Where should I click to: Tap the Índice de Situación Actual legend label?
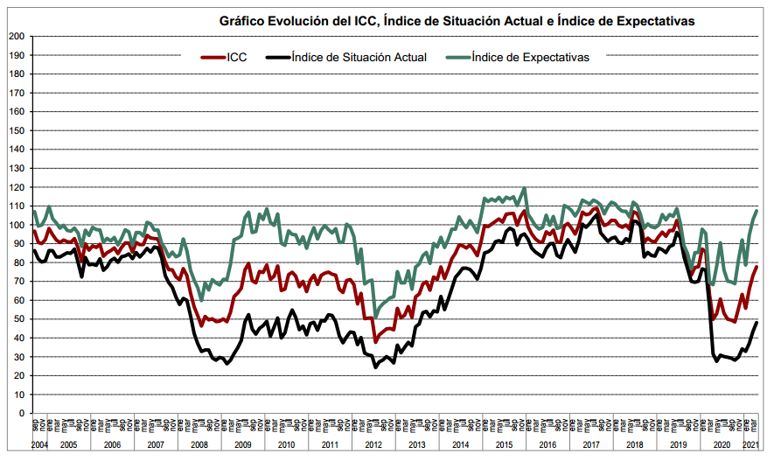(x=358, y=57)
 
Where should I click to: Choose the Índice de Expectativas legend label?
(x=530, y=57)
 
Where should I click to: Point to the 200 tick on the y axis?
(x=16, y=36)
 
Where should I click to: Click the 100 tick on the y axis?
(x=16, y=225)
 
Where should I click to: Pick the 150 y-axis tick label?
(x=16, y=130)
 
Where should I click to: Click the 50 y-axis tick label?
(x=18, y=318)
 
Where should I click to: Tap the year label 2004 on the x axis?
(x=38, y=445)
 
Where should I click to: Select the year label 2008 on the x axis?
(x=199, y=445)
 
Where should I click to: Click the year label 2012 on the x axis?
(x=373, y=445)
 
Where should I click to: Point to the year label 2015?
(x=504, y=445)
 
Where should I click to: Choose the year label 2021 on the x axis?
(x=750, y=445)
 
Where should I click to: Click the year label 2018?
(x=634, y=445)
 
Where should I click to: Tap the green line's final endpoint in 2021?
(x=757, y=211)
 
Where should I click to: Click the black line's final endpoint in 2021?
(x=757, y=323)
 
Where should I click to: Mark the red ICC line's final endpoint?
(x=757, y=267)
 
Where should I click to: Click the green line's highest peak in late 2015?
(x=524, y=188)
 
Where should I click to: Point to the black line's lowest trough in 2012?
(x=376, y=367)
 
